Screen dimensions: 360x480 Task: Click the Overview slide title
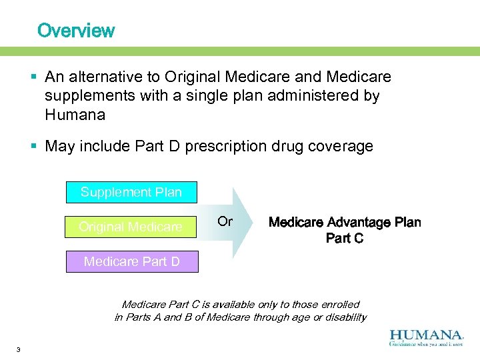click(x=76, y=31)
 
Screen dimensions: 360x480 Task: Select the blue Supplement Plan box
click(x=131, y=192)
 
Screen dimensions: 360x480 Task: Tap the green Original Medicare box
click(x=131, y=227)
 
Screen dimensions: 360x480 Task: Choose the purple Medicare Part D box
click(x=131, y=261)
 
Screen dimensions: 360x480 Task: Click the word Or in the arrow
click(x=225, y=221)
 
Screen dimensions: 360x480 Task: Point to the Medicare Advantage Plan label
click(x=344, y=222)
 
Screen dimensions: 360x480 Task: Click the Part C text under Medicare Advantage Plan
click(x=344, y=238)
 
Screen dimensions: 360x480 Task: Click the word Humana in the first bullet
click(x=75, y=115)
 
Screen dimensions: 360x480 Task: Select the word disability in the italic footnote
click(x=341, y=317)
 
